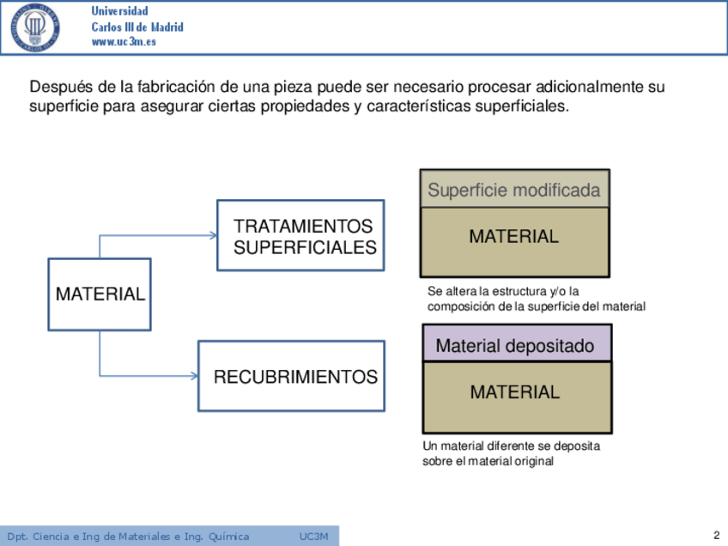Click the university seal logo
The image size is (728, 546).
coord(35,28)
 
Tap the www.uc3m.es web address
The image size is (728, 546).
coord(124,42)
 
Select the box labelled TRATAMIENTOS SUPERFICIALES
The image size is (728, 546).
coord(300,235)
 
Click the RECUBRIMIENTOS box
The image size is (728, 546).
coord(291,376)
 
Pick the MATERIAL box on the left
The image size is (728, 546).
coord(100,294)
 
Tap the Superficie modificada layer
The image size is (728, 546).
coord(514,190)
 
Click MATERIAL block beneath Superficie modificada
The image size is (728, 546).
coord(514,241)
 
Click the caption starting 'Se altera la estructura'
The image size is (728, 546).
coord(536,299)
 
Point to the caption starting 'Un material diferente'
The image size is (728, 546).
coord(511,453)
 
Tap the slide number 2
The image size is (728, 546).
coord(716,536)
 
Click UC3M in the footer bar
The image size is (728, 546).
coord(313,537)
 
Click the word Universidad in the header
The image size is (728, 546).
coord(119,11)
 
